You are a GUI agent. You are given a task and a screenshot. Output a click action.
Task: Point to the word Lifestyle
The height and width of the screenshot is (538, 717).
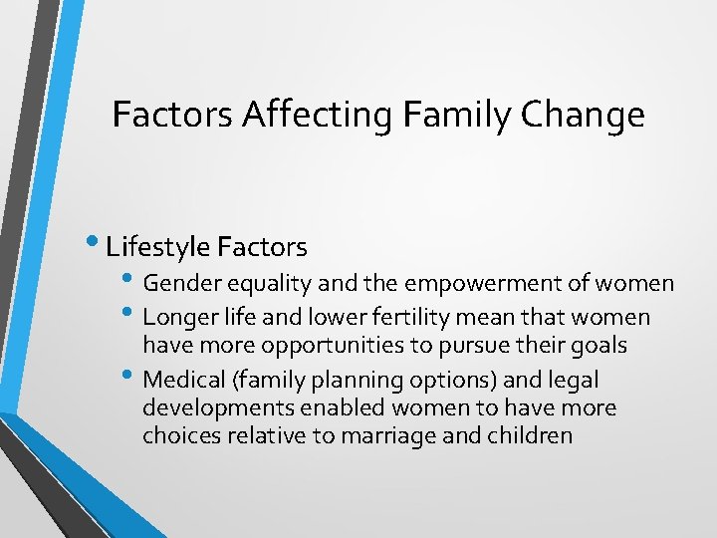pos(158,245)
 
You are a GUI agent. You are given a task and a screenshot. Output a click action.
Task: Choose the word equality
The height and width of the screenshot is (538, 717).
pos(263,284)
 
